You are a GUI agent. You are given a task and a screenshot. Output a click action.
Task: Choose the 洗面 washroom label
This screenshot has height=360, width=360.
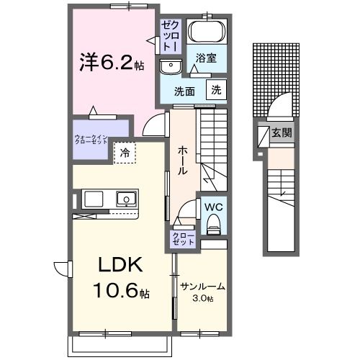(185, 91)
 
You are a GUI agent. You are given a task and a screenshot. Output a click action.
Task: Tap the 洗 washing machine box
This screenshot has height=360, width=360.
(215, 90)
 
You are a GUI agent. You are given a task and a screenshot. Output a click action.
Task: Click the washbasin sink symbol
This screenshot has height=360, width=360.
(171, 66)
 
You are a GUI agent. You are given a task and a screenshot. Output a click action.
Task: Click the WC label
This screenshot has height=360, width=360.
(212, 207)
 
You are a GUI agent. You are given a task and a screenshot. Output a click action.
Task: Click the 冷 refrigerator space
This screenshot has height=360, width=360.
(125, 152)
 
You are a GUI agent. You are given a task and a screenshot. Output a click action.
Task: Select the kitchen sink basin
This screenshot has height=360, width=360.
(127, 199)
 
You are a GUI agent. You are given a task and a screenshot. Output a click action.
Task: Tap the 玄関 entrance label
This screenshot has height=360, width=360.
(282, 132)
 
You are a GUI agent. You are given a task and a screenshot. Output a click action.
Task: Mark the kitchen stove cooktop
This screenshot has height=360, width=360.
(95, 199)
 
